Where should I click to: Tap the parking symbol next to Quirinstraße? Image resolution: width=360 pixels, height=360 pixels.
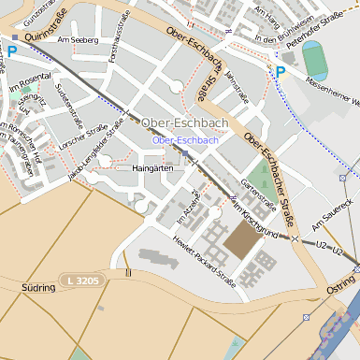click(12, 52)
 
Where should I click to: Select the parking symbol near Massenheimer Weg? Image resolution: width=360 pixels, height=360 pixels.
click(279, 71)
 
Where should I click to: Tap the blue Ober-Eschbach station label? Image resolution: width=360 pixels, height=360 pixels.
click(185, 140)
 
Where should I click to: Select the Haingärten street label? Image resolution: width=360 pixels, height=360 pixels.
click(154, 168)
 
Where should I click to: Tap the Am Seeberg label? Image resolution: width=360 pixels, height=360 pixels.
click(78, 40)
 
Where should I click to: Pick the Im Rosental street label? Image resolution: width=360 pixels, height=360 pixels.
click(27, 85)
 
